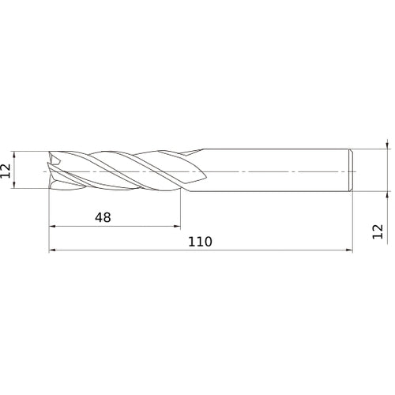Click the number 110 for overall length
click(201, 242)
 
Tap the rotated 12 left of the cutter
click(7, 170)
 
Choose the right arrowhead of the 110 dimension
click(348, 252)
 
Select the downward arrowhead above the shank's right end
click(387, 145)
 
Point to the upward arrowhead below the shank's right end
click(387, 194)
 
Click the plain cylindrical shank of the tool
click(269, 170)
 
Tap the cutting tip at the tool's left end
click(54, 170)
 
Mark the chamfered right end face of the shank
click(350, 170)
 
